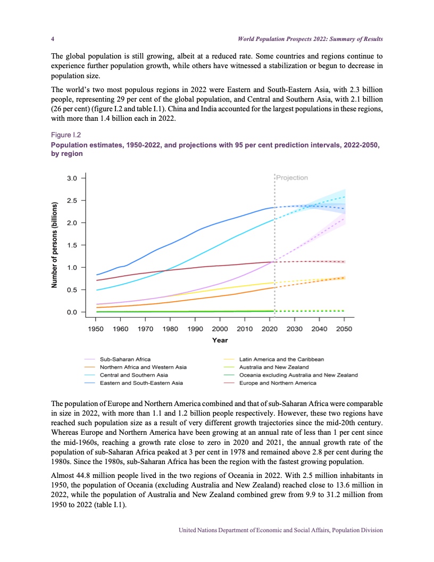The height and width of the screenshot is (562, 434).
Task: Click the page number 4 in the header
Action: tap(52, 39)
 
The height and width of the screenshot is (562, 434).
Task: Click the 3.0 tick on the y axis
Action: tap(71, 178)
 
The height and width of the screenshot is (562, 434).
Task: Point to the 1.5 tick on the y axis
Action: tap(71, 245)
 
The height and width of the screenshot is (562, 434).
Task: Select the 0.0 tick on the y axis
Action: tap(71, 312)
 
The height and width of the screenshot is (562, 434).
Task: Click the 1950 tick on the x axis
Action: tap(96, 329)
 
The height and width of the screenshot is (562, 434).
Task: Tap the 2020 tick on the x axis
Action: tap(270, 329)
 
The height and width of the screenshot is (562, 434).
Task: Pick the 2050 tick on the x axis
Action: tap(344, 329)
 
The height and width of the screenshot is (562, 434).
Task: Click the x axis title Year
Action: tap(220, 340)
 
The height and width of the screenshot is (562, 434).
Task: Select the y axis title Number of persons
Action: tap(54, 245)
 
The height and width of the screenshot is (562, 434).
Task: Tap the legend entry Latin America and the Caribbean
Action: tap(282, 360)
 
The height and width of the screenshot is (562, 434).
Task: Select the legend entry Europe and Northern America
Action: tap(278, 383)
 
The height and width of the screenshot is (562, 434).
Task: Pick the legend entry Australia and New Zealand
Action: tap(274, 367)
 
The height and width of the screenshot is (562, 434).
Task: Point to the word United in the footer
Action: tap(189, 530)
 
